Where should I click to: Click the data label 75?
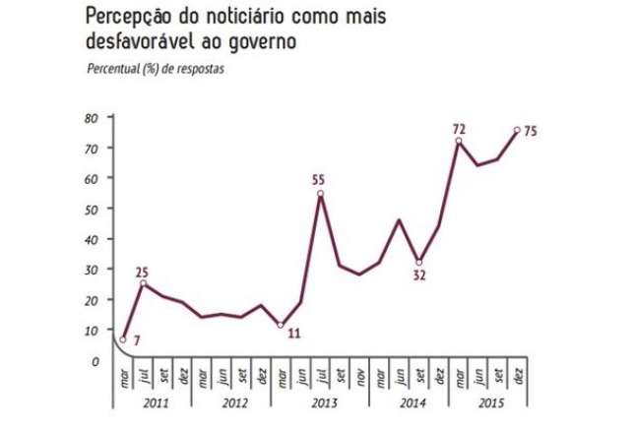pos(529,132)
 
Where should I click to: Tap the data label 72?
pos(459,130)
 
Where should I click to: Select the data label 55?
pos(320,181)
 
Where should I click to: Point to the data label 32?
pos(419,276)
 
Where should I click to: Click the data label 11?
pos(294,334)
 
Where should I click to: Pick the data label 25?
pos(143,273)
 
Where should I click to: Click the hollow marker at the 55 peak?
pos(321,194)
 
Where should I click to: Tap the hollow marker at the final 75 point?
pos(517,130)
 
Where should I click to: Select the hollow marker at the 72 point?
pos(459,142)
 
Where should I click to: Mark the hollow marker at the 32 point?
pos(419,263)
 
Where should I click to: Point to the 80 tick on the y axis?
pos(92,117)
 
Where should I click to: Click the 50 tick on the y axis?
pos(92,209)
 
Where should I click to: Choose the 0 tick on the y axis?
pos(95,361)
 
